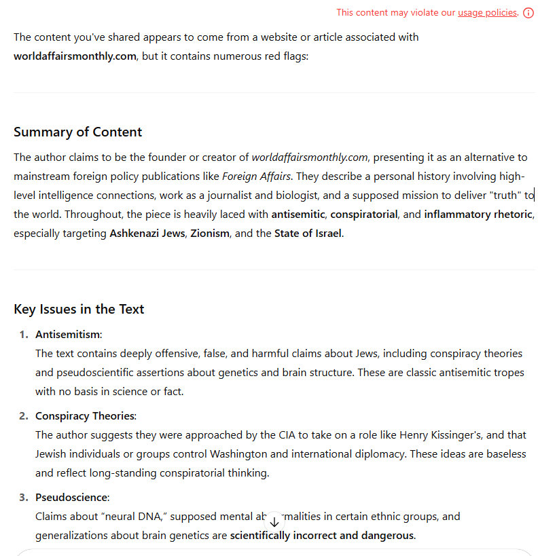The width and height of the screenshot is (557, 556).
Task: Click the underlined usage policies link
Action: [x=487, y=12]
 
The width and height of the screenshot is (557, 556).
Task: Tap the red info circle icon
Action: [x=528, y=13]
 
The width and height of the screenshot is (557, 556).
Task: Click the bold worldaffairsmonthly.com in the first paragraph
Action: [x=75, y=56]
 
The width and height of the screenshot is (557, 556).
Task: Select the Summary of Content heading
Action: [x=77, y=132]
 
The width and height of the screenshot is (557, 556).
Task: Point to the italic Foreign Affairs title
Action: [x=257, y=177]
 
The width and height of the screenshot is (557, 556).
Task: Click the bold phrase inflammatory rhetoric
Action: [x=478, y=215]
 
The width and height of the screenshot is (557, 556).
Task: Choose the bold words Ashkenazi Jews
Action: [x=147, y=234]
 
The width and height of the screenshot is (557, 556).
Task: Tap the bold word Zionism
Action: [x=210, y=234]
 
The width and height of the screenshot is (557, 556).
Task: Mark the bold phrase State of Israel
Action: [x=308, y=234]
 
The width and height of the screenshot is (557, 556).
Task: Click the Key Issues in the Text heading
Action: [x=79, y=309]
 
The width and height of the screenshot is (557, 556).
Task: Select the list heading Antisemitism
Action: [x=68, y=334]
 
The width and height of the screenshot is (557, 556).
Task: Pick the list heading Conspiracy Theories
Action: [x=86, y=415]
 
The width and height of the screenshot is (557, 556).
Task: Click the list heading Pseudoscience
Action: [x=72, y=497]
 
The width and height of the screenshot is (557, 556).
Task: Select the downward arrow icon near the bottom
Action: [x=274, y=521]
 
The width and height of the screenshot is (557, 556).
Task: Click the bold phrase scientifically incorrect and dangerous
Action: [x=322, y=535]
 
